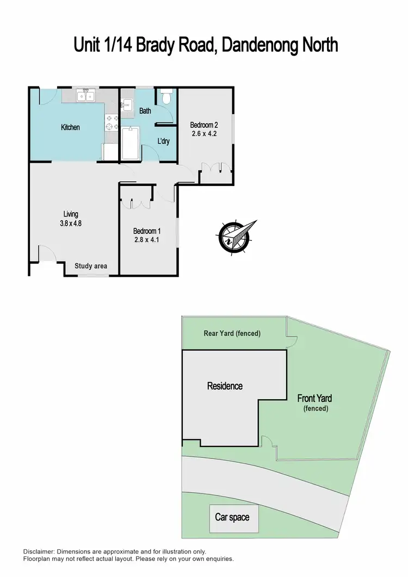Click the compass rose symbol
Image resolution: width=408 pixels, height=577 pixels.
tap(235, 237)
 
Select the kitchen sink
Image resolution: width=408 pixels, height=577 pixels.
tap(85, 97)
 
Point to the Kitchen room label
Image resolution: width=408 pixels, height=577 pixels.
tap(70, 127)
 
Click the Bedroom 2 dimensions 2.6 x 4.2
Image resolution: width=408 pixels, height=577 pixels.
tap(204, 134)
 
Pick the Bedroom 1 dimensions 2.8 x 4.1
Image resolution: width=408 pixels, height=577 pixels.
tap(147, 239)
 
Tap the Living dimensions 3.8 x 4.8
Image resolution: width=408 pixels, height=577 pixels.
tap(71, 223)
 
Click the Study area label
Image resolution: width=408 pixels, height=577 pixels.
tap(91, 266)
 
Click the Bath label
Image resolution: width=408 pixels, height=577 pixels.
tap(145, 111)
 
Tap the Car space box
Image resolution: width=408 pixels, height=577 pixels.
tap(232, 517)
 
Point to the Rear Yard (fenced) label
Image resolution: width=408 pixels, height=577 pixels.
tap(232, 333)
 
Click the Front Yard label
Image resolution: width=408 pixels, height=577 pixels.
tap(315, 398)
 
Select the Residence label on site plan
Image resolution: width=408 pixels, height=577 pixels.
tap(225, 386)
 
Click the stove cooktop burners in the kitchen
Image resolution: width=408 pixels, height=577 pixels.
tap(113, 123)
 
